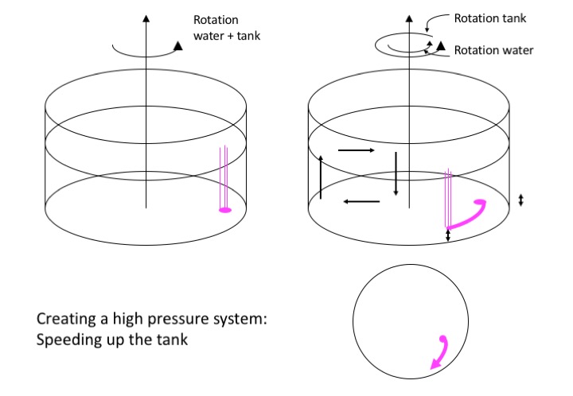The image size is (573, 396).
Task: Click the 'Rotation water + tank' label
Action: (x=227, y=27)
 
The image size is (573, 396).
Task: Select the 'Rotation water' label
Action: (x=493, y=50)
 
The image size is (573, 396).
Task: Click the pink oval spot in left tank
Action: (x=224, y=210)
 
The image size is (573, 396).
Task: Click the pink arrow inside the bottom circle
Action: (x=439, y=353)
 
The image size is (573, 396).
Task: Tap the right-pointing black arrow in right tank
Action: (x=356, y=149)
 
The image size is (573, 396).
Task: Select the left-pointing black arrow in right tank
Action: (x=361, y=202)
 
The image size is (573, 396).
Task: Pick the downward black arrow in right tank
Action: (x=396, y=173)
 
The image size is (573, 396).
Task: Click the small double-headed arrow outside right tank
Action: (x=521, y=200)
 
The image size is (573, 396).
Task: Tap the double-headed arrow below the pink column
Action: (x=448, y=235)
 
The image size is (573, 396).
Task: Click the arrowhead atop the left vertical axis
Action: (x=145, y=17)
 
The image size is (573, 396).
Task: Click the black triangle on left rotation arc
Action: (x=178, y=46)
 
